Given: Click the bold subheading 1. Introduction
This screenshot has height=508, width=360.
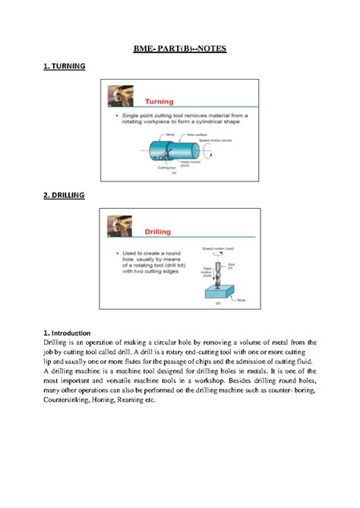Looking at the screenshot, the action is [67, 333].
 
